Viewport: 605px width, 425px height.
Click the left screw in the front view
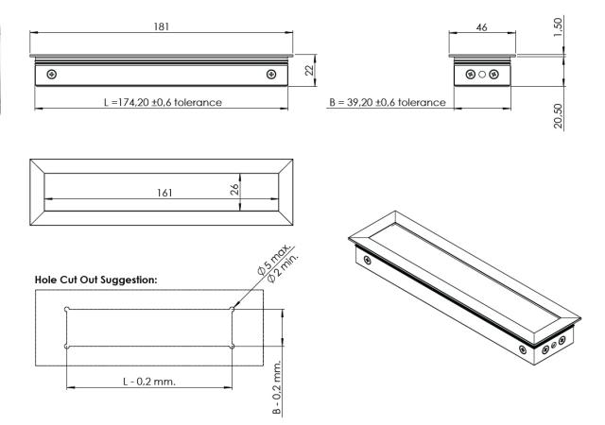click(x=51, y=74)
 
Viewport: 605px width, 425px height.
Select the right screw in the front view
click(x=272, y=74)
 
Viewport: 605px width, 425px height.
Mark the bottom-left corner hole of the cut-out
click(x=66, y=347)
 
